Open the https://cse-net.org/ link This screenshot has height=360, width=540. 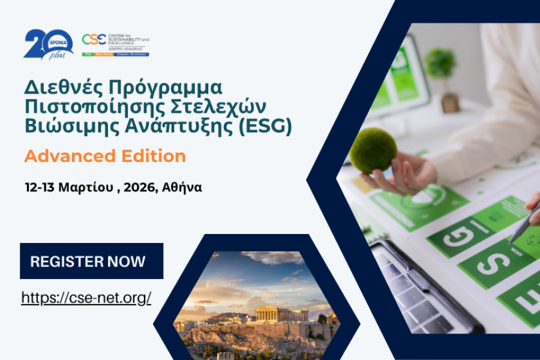(x=86, y=297)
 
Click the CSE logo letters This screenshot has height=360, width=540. (x=94, y=40)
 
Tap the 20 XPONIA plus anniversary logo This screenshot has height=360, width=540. (x=48, y=44)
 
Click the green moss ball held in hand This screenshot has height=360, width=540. (x=373, y=150)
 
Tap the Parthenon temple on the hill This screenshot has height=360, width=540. (x=281, y=314)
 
